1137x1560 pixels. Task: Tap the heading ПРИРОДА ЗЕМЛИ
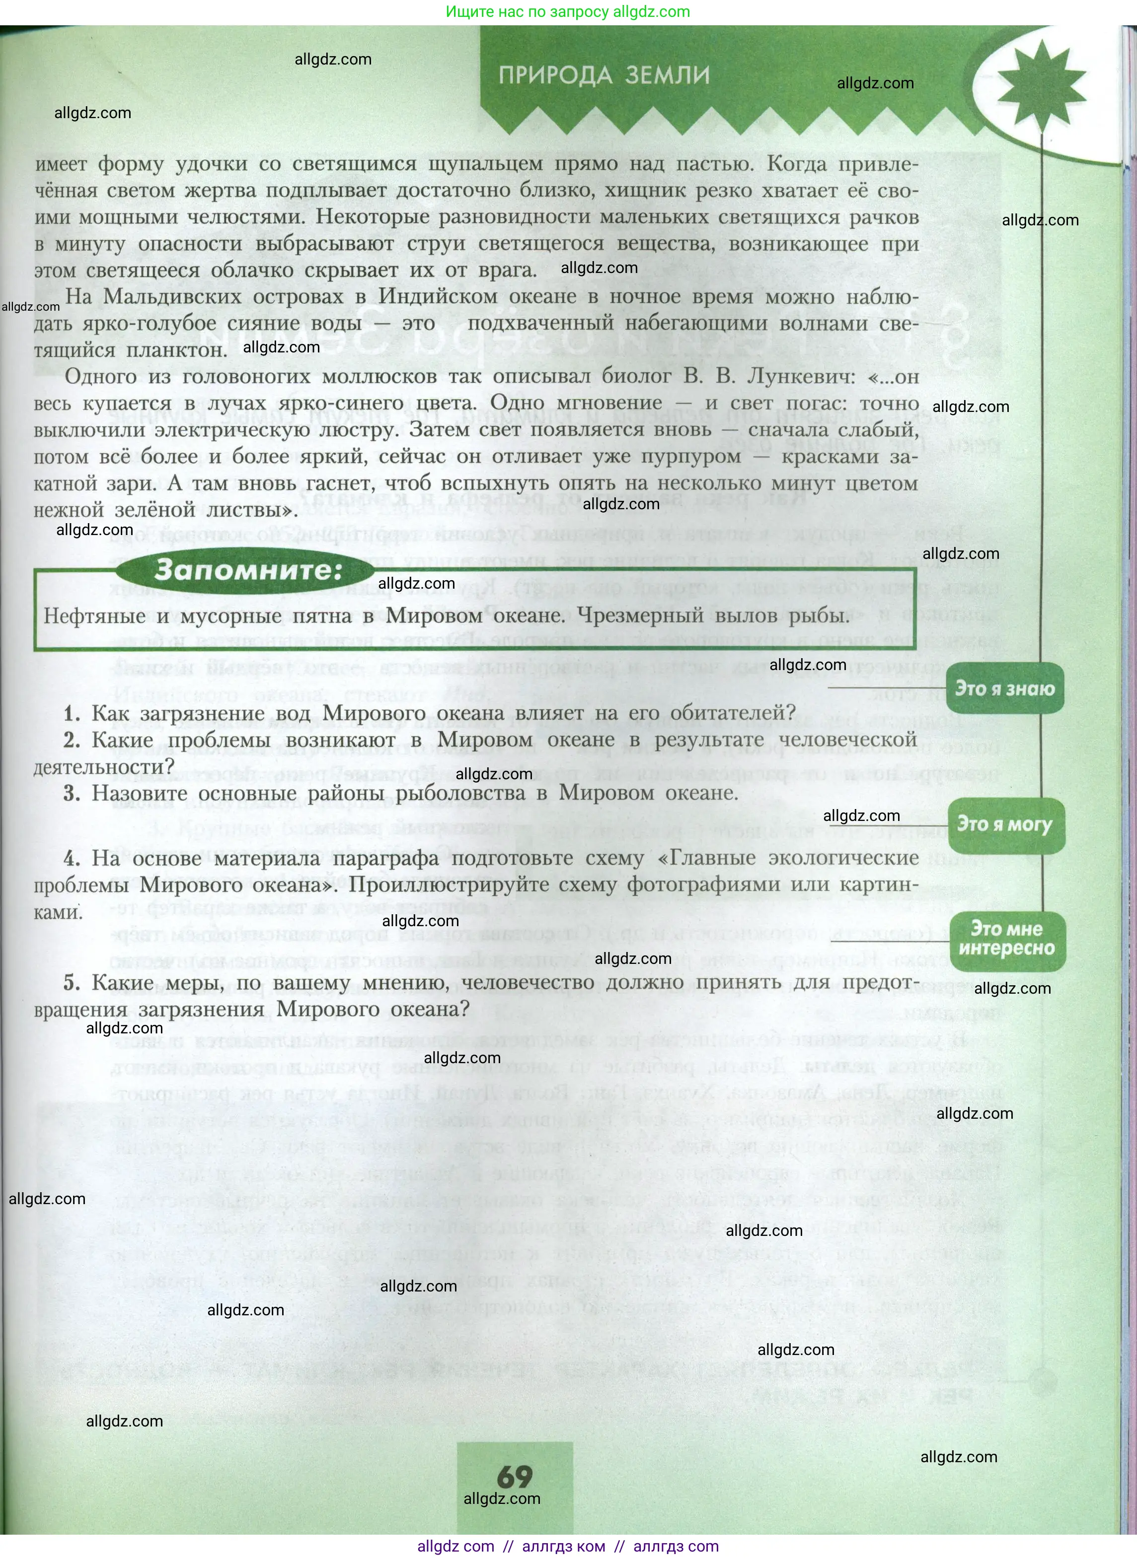[x=604, y=75]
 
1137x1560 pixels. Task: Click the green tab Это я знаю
[x=1004, y=688]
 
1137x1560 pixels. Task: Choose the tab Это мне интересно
[x=1006, y=939]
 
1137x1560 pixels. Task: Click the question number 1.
[x=72, y=713]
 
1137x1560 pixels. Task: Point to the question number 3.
[x=72, y=793]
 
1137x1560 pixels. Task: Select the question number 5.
[x=72, y=983]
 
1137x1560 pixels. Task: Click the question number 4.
[x=72, y=858]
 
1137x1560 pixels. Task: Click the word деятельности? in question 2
[x=105, y=766]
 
